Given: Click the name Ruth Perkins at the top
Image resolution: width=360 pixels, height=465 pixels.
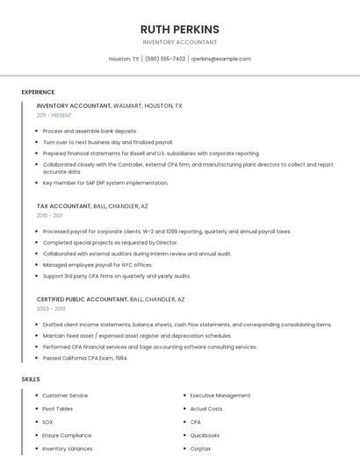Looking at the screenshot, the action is [x=179, y=29].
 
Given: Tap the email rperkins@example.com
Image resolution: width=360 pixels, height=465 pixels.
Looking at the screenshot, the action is [x=220, y=59].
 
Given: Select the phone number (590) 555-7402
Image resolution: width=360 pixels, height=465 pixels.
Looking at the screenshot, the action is [x=165, y=59].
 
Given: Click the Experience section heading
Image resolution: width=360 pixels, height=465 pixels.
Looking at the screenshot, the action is [x=38, y=92].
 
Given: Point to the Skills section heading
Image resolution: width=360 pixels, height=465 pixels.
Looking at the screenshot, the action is [x=31, y=378].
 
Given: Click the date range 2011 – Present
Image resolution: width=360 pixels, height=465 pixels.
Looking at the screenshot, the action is [x=54, y=115].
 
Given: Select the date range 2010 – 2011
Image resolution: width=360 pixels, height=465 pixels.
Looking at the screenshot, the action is [x=49, y=215].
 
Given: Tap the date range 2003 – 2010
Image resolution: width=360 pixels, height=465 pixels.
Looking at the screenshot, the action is [x=51, y=309].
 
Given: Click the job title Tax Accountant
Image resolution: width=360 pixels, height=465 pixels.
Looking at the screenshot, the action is [x=63, y=206].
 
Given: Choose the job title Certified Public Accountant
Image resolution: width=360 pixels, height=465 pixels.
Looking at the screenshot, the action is [x=83, y=299].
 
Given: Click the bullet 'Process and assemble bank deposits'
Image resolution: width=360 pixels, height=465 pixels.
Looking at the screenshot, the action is [x=90, y=131].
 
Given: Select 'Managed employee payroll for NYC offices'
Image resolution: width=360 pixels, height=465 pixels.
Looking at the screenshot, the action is [x=97, y=264].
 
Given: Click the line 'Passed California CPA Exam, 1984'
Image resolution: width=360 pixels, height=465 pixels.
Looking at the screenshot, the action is [x=85, y=357].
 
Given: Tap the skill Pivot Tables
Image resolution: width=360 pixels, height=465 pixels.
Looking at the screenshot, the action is [x=58, y=409].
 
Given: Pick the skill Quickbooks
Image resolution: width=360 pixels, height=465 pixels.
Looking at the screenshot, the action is [x=205, y=435].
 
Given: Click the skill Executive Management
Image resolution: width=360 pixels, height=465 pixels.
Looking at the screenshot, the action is [x=220, y=396].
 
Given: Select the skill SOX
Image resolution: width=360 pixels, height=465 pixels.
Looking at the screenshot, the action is [x=47, y=422].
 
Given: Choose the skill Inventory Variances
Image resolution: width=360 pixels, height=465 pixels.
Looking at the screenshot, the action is [x=67, y=448].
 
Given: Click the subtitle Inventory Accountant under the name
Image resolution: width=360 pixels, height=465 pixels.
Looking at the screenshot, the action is [x=179, y=42].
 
